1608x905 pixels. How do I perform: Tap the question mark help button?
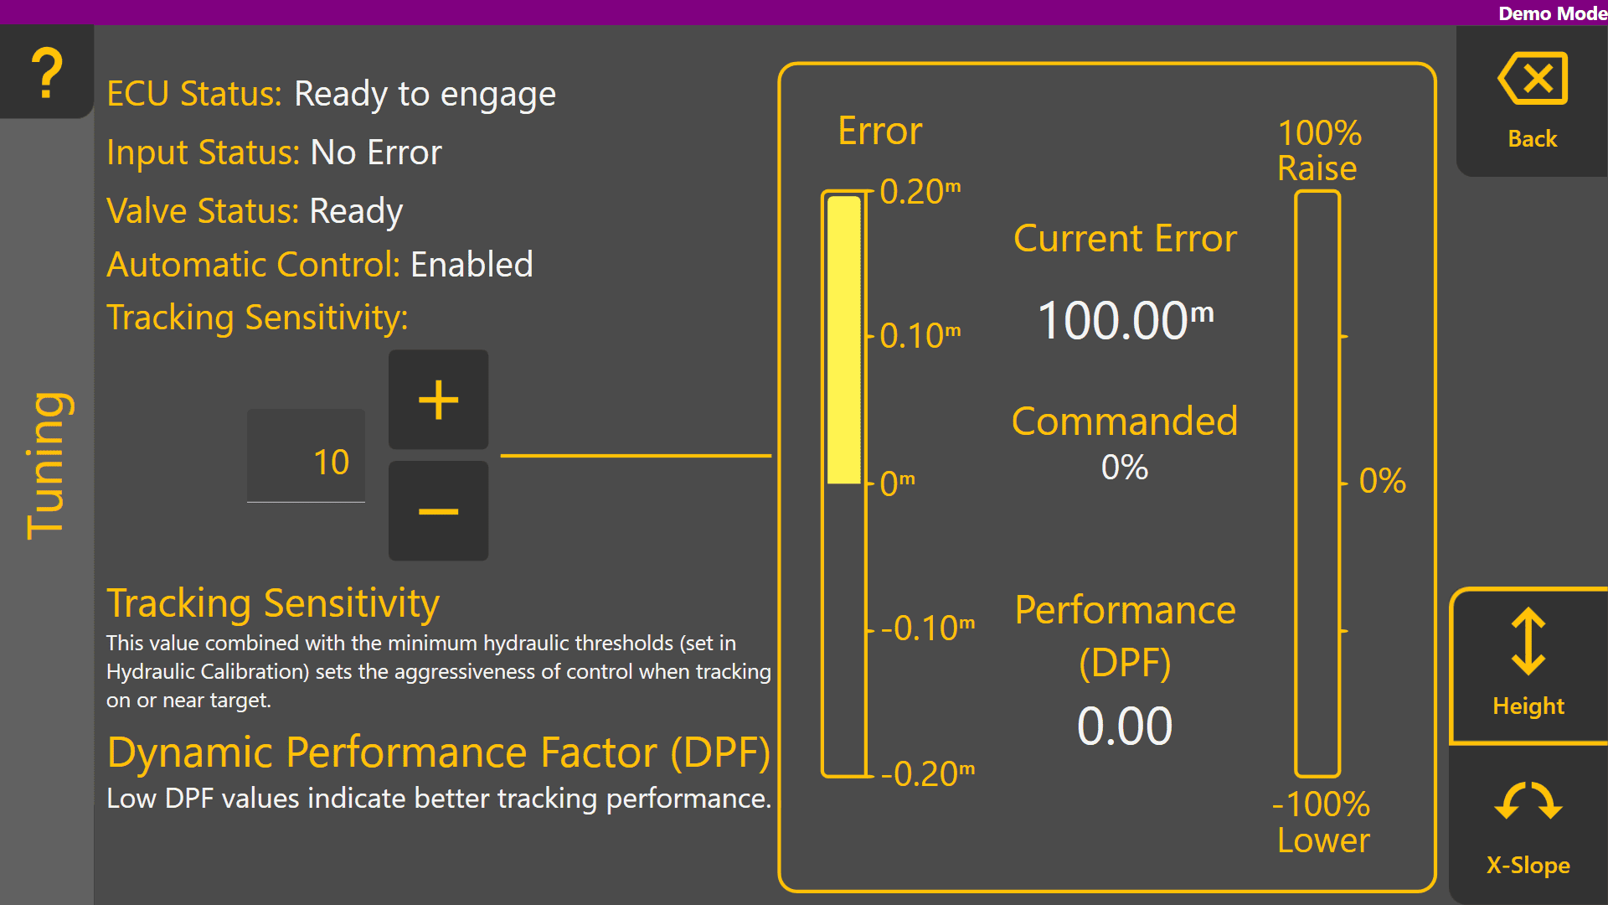point(47,72)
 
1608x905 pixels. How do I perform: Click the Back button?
point(1532,101)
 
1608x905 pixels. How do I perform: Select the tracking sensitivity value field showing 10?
point(306,456)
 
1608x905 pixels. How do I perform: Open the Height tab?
point(1528,665)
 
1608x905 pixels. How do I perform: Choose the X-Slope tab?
point(1528,825)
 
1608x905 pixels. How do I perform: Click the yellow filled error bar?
point(844,339)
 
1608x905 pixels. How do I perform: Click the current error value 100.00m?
point(1126,319)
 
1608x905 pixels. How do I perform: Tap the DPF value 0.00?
point(1125,726)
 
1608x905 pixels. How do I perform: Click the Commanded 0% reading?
point(1125,467)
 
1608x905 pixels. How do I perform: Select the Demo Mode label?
point(1553,13)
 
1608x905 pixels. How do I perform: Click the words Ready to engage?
point(425,94)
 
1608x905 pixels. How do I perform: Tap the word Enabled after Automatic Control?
point(472,265)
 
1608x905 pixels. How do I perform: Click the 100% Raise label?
point(1319,151)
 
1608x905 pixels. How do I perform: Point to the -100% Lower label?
point(1322,822)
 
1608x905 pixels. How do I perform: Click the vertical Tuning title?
point(47,465)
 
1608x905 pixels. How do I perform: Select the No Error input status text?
point(376,153)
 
